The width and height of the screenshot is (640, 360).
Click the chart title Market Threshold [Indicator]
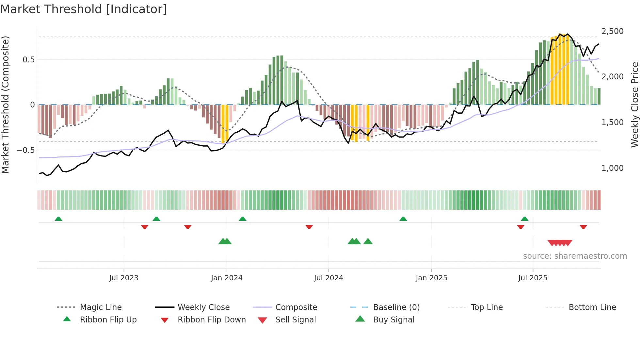click(x=84, y=9)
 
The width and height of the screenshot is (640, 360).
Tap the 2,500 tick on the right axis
click(x=612, y=31)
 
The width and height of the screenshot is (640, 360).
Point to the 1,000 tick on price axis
click(x=612, y=168)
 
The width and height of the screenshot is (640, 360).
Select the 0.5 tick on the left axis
click(x=28, y=60)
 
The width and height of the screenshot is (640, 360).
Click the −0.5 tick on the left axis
click(x=26, y=150)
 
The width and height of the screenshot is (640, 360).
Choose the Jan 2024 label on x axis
click(x=227, y=278)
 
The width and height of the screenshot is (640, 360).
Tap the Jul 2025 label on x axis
click(x=533, y=278)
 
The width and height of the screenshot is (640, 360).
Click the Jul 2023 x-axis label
click(x=124, y=278)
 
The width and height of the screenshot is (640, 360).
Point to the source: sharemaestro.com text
click(x=575, y=256)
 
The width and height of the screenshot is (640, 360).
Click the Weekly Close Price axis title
click(x=634, y=105)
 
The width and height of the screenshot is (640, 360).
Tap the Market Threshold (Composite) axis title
click(x=5, y=105)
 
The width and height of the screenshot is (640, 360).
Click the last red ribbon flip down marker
click(x=583, y=227)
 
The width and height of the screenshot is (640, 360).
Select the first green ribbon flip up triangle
click(x=58, y=219)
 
